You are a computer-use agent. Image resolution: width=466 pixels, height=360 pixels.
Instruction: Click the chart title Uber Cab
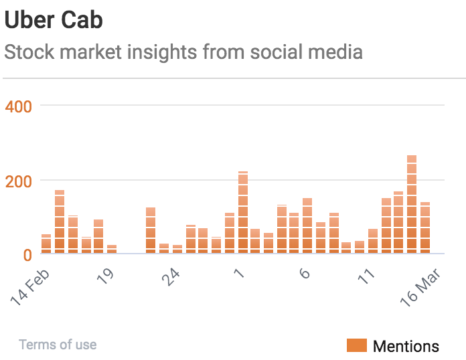pyautogui.click(x=54, y=19)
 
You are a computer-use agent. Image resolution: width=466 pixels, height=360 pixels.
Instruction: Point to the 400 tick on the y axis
pyautogui.click(x=18, y=106)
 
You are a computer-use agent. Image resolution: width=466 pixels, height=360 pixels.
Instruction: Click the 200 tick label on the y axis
pyautogui.click(x=18, y=180)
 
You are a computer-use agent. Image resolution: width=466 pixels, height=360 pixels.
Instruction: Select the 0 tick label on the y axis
pyautogui.click(x=27, y=254)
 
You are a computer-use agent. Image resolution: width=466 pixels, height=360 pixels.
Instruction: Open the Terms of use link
pyautogui.click(x=58, y=345)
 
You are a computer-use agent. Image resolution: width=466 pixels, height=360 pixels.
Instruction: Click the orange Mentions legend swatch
pyautogui.click(x=356, y=345)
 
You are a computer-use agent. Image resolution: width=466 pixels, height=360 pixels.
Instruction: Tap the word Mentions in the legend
pyautogui.click(x=406, y=346)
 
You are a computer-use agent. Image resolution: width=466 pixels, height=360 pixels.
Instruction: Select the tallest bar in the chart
pyautogui.click(x=412, y=204)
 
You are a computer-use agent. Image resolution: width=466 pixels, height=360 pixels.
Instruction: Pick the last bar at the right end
pyautogui.click(x=425, y=228)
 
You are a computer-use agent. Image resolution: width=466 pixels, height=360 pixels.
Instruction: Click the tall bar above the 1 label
pyautogui.click(x=243, y=212)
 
